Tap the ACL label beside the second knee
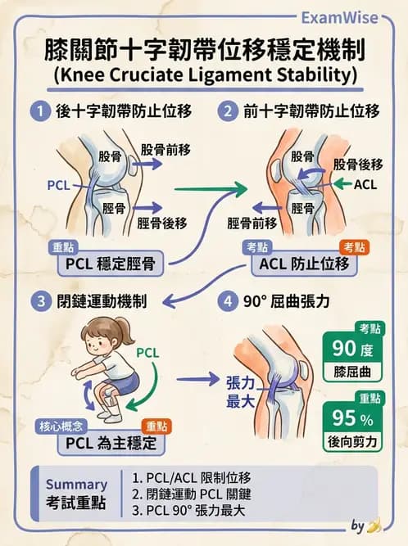coord(365,185)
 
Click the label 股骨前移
coord(164,151)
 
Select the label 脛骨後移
coord(161,222)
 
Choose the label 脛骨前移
coord(251,222)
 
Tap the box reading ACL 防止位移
coord(304,264)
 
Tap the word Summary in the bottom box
coord(76,484)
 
